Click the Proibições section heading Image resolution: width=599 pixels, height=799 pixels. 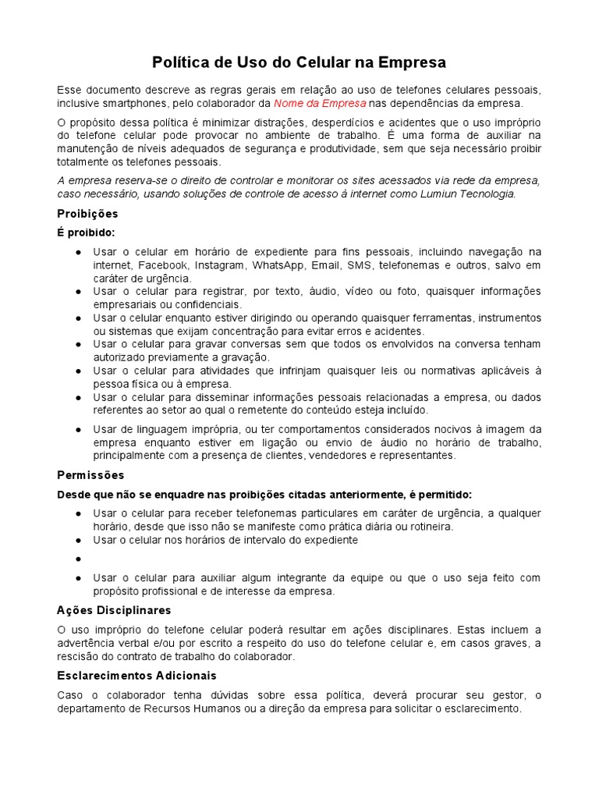[87, 214]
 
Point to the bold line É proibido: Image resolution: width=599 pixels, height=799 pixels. [86, 233]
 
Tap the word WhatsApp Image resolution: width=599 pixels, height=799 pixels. [278, 265]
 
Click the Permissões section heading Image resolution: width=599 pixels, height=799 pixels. [90, 474]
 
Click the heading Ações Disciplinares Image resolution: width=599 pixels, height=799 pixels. [114, 610]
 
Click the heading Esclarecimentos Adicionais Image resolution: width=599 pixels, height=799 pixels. [136, 676]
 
